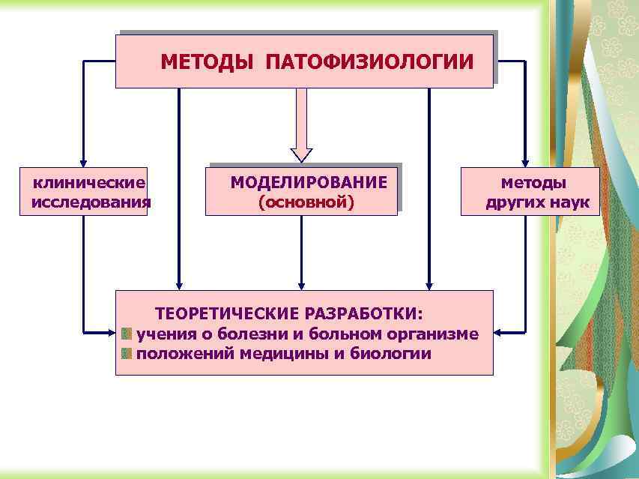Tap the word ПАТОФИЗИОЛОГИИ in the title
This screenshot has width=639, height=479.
pos(369,61)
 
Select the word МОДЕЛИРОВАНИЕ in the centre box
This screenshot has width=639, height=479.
pos(309,182)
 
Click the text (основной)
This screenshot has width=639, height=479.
pos(306,202)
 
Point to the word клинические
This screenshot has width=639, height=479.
pos(88,182)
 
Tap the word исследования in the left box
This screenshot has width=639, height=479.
pos(91,202)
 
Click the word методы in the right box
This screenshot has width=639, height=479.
pos(533,182)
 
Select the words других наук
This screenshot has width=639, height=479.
pos(537,202)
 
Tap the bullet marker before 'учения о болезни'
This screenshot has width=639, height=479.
pos(127,333)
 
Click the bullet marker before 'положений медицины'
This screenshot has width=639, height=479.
pos(127,353)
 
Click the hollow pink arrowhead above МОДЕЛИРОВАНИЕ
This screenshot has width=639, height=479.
pos(301,153)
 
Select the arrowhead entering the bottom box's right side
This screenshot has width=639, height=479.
pos(500,331)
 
